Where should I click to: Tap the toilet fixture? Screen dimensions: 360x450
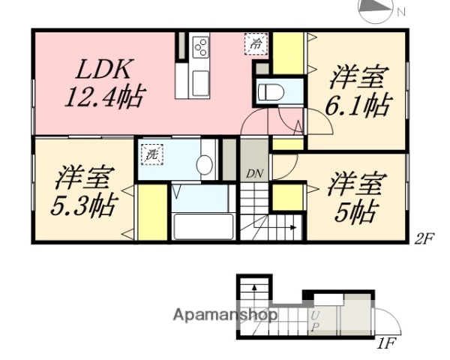click(x=271, y=94)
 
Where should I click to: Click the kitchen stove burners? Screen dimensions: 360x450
click(x=200, y=46)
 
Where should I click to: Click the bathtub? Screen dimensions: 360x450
click(x=202, y=226)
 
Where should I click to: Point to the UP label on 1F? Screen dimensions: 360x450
click(x=316, y=322)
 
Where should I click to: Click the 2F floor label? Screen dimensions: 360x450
click(x=425, y=241)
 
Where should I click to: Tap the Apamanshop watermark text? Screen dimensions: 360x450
click(x=224, y=316)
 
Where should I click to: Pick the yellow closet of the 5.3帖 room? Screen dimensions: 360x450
click(x=151, y=212)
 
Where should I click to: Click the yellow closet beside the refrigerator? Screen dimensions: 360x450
click(x=287, y=52)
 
